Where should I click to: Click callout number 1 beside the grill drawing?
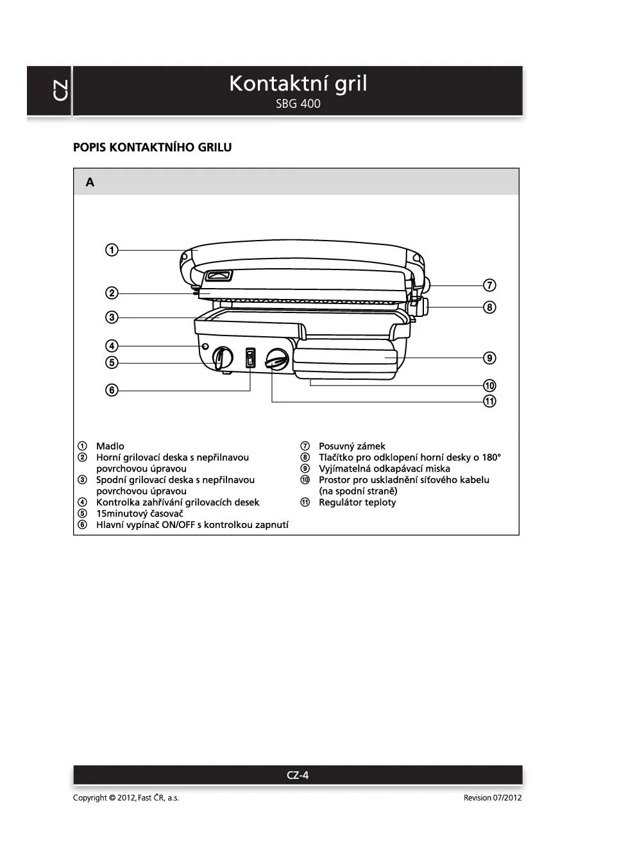[x=112, y=250]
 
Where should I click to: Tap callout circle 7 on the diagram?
[x=489, y=285]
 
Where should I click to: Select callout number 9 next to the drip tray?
[x=489, y=358]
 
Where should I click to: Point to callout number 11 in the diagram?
[x=489, y=401]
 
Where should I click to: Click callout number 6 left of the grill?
[x=112, y=389]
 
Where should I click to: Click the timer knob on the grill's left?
[x=223, y=358]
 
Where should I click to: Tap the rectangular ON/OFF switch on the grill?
[x=250, y=358]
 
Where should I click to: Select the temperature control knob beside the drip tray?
[x=277, y=359]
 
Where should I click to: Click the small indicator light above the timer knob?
[x=205, y=346]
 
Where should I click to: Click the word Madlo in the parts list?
[x=110, y=446]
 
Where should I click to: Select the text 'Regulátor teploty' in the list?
[x=357, y=502]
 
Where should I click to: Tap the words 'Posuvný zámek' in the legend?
[x=352, y=446]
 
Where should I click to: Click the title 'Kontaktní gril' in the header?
[x=298, y=83]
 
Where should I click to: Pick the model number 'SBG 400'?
[x=298, y=104]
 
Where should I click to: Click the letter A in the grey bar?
[x=90, y=182]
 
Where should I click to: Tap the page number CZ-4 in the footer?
[x=298, y=775]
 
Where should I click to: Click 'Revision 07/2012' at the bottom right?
[x=493, y=797]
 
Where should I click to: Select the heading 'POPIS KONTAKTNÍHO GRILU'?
[x=153, y=147]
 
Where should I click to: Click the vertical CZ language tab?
[x=60, y=90]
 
